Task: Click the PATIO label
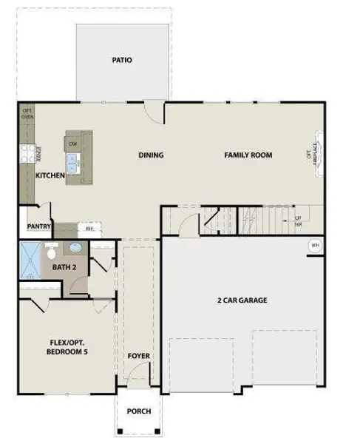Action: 122,60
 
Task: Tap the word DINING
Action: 151,155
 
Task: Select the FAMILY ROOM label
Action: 248,155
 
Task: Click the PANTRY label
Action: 38,227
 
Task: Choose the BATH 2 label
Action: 64,266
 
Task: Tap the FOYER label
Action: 138,357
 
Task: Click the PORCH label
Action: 138,411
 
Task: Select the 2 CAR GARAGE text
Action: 242,300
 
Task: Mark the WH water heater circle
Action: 315,246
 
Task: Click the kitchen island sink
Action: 73,163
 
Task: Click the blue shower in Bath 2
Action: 30,261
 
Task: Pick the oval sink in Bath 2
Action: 76,249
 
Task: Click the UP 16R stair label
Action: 298,221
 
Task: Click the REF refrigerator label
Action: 89,229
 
